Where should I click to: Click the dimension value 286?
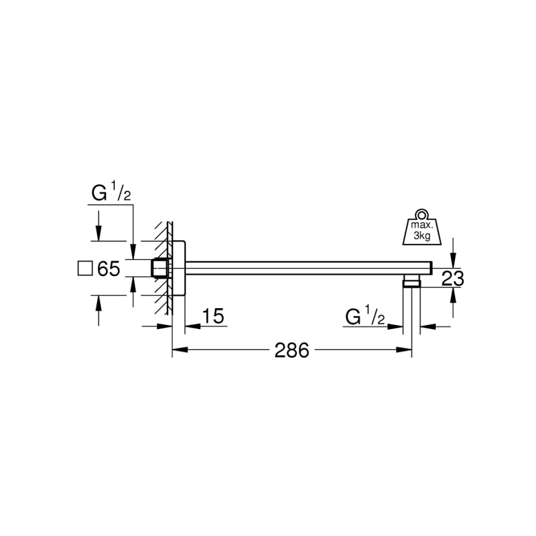point(291,350)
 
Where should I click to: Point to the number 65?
point(107,269)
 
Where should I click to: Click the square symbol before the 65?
point(85,268)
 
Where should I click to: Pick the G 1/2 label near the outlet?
point(365,318)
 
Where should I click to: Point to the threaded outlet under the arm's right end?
point(411,283)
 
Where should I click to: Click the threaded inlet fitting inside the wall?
point(161,268)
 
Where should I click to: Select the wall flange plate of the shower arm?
point(178,268)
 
